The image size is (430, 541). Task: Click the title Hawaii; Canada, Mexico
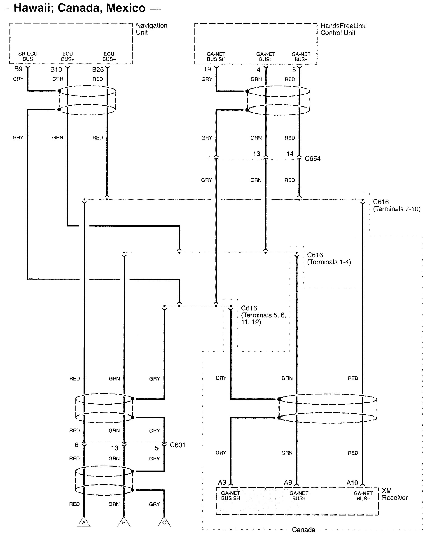point(79,8)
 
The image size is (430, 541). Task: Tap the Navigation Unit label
point(151,29)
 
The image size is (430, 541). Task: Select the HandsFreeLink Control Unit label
point(343,29)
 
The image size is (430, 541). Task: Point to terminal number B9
point(18,69)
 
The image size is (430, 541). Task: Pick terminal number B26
point(98,70)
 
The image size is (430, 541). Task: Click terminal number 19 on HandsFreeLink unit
point(207,69)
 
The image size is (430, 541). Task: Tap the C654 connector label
point(313,159)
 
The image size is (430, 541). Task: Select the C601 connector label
point(178,445)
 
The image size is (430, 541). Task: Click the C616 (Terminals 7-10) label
point(396,205)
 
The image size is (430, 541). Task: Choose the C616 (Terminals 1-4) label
point(329,259)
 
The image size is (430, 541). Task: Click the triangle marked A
point(84,522)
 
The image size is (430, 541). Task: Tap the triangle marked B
point(124,522)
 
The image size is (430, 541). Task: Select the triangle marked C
point(164,522)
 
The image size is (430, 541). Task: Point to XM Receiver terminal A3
point(222,482)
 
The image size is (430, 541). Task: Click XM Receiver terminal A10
point(352,483)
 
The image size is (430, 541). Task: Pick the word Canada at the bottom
point(304,530)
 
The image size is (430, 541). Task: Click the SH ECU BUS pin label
point(28,56)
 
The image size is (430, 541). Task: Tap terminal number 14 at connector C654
point(290,154)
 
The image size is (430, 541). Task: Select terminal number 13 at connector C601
point(115,448)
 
